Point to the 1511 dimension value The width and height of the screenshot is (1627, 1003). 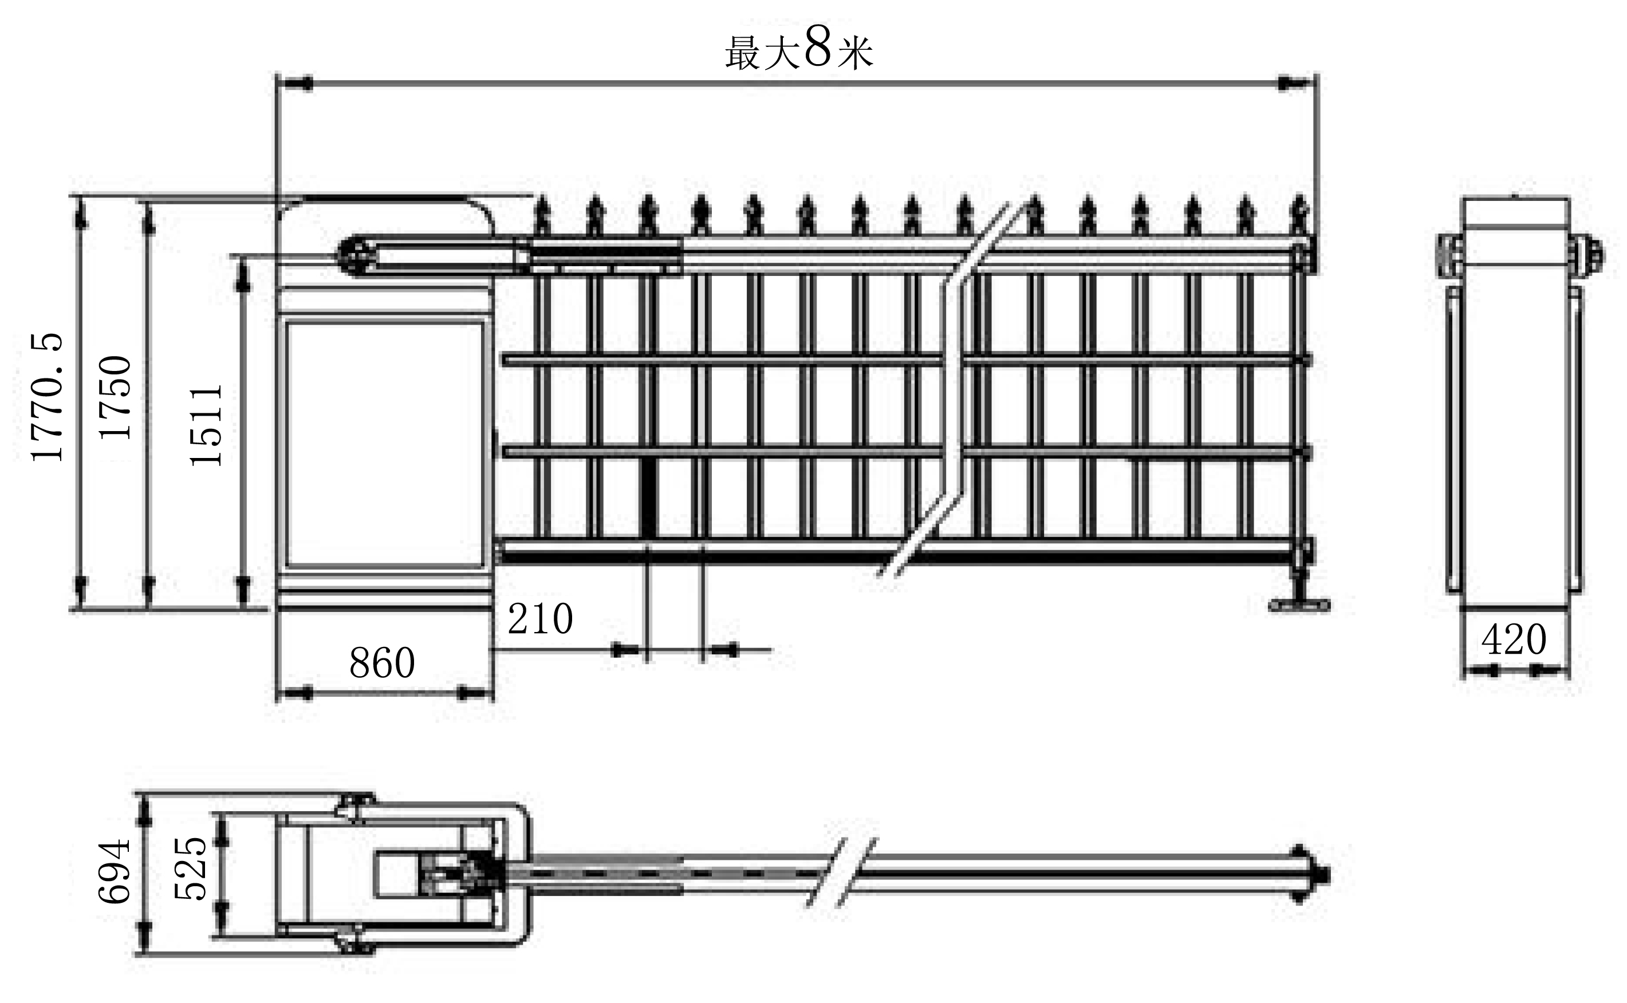206,425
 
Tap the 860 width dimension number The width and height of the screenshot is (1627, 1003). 382,662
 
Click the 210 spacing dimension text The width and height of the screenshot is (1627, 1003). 540,619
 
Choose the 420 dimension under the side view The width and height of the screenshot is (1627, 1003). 1514,639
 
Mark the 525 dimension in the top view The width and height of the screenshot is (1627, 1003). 191,868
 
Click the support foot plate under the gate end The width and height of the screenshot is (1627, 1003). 1299,605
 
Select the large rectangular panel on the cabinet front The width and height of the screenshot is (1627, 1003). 384,444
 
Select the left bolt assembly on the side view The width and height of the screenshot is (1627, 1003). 1450,255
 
